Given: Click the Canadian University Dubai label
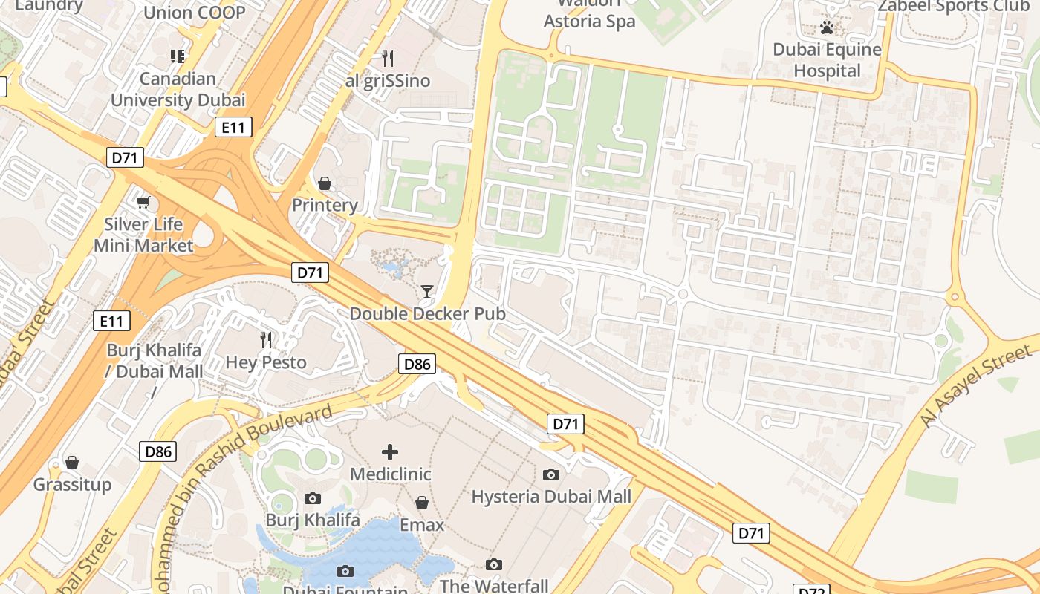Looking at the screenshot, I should coord(178,89).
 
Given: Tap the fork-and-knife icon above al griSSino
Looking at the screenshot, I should coord(387,59).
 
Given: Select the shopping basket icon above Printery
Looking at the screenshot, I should coord(325,183).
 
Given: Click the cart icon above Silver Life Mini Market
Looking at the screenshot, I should coord(143,202).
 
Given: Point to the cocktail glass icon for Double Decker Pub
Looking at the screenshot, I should coord(427,291).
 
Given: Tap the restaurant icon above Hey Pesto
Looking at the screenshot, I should coord(266,340).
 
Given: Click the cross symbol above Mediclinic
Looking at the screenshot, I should coord(390,451).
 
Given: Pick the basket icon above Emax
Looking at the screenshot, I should coord(422,503).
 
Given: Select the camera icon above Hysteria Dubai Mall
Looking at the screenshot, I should coord(551,474).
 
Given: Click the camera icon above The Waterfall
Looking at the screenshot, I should coord(494,565).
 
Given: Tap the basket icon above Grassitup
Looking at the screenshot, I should coord(72,463).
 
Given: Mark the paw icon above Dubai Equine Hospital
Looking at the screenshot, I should coord(827,28).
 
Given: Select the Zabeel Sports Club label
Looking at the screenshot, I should coord(954,7).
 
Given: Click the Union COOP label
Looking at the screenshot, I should coord(195,13).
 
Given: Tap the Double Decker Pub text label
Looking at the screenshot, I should coord(427,313).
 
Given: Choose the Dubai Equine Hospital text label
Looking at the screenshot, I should coord(827,60).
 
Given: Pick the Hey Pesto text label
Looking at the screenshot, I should coord(266,362).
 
